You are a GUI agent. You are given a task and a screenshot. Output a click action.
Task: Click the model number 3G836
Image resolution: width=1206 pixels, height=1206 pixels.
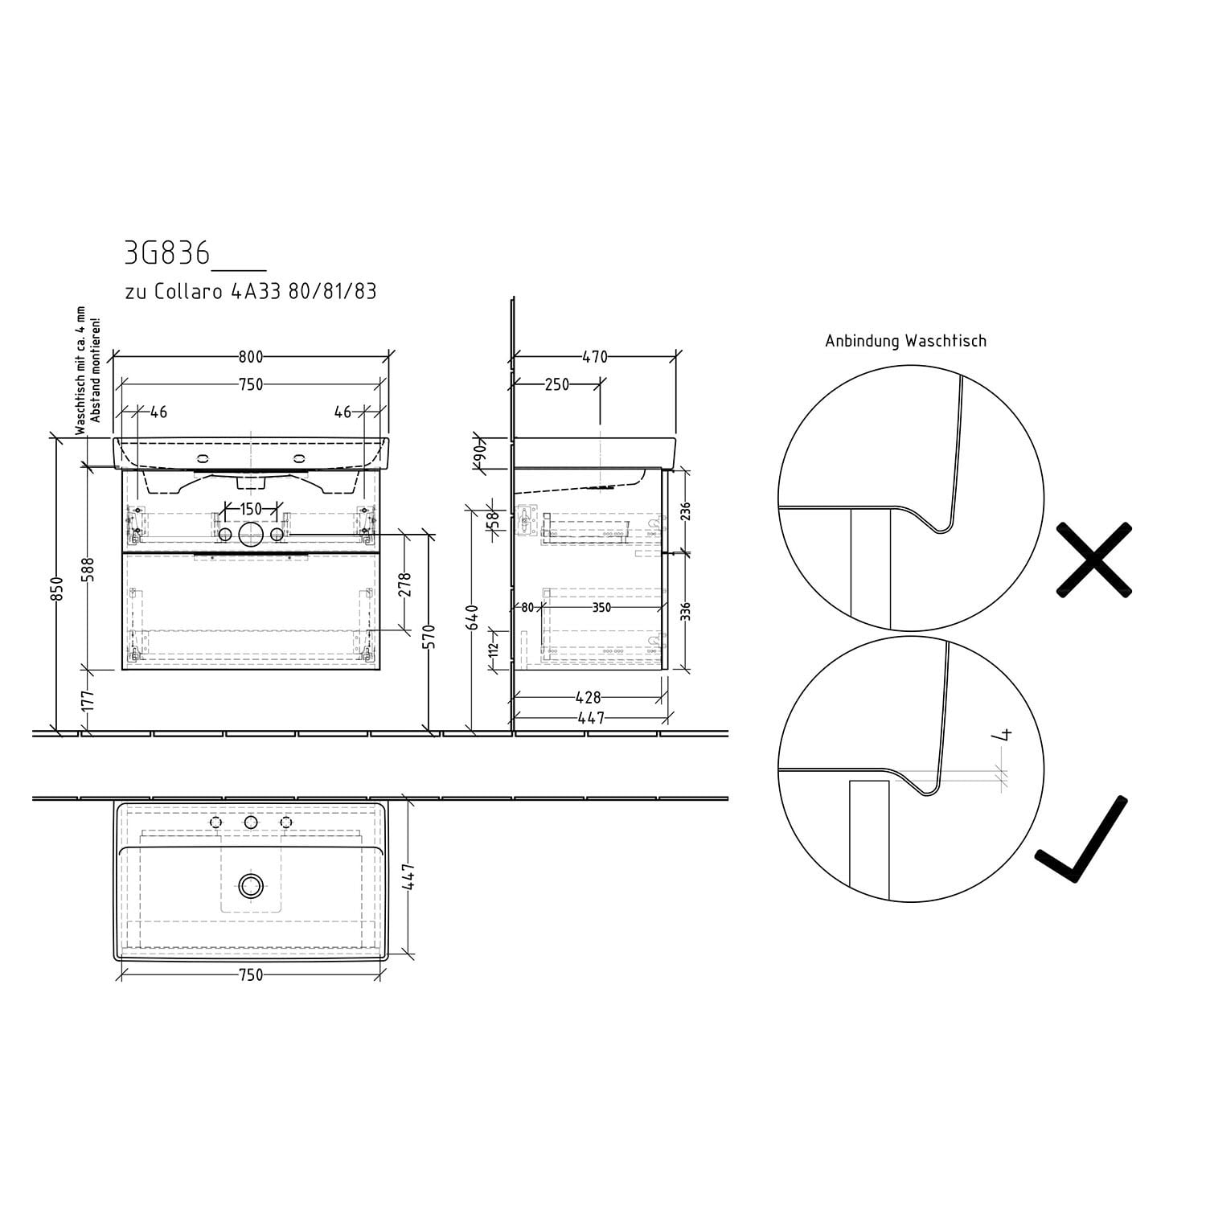[167, 254]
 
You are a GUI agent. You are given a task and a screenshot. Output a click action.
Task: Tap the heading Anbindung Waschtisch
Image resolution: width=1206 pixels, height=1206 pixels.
[905, 341]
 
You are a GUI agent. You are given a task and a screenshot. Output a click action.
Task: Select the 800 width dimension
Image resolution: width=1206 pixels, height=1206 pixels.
[251, 357]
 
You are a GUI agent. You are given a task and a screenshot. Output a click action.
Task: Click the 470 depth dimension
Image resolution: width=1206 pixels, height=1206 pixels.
[595, 357]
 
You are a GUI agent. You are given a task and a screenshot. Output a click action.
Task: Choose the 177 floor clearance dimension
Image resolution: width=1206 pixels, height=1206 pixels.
[89, 700]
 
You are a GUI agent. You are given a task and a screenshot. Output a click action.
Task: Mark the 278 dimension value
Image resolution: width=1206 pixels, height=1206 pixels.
[404, 584]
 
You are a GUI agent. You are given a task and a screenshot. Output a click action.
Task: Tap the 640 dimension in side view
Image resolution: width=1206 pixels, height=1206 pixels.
[473, 617]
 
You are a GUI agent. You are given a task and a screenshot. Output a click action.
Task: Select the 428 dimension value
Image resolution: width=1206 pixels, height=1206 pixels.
[589, 698]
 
